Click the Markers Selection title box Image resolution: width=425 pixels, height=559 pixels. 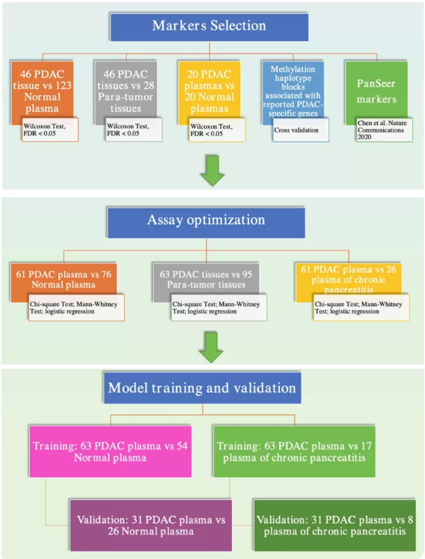pyautogui.click(x=210, y=26)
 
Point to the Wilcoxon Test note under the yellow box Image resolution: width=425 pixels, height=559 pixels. pyautogui.click(x=217, y=130)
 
